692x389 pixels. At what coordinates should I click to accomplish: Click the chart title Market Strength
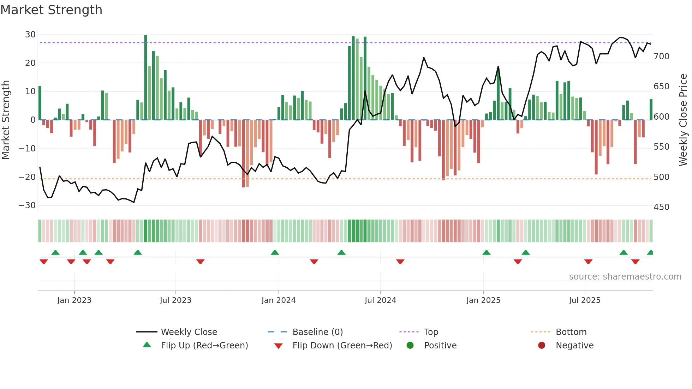pos(51,10)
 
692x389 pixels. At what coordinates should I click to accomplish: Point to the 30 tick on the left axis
pos(30,35)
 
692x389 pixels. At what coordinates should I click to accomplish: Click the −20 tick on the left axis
pos(27,177)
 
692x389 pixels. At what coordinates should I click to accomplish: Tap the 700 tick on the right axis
pos(661,56)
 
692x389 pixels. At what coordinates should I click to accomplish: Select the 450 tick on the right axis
pos(661,207)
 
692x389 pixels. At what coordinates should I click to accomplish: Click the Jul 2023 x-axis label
pos(175,300)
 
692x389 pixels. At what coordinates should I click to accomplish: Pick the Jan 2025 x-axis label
pos(483,300)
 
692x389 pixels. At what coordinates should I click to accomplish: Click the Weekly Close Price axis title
pos(683,120)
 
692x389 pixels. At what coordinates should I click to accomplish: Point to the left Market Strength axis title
pos(6,120)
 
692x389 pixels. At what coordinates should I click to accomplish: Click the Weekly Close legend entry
pos(189,332)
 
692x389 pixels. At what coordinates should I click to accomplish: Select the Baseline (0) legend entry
pos(317,332)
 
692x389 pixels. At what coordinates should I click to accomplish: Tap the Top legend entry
pos(431,332)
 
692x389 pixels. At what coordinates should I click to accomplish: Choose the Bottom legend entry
pos(571,332)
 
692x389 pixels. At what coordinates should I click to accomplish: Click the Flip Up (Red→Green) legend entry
pos(204,346)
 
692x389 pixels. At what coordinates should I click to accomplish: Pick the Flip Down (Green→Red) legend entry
pos(342,346)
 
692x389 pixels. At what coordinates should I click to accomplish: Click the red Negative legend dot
pos(542,345)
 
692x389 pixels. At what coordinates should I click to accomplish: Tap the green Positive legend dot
pos(410,345)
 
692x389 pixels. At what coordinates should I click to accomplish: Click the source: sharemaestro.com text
pos(625,277)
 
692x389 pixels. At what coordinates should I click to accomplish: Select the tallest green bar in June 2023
pos(145,78)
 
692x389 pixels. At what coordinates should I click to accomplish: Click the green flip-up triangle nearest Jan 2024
pos(275,252)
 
